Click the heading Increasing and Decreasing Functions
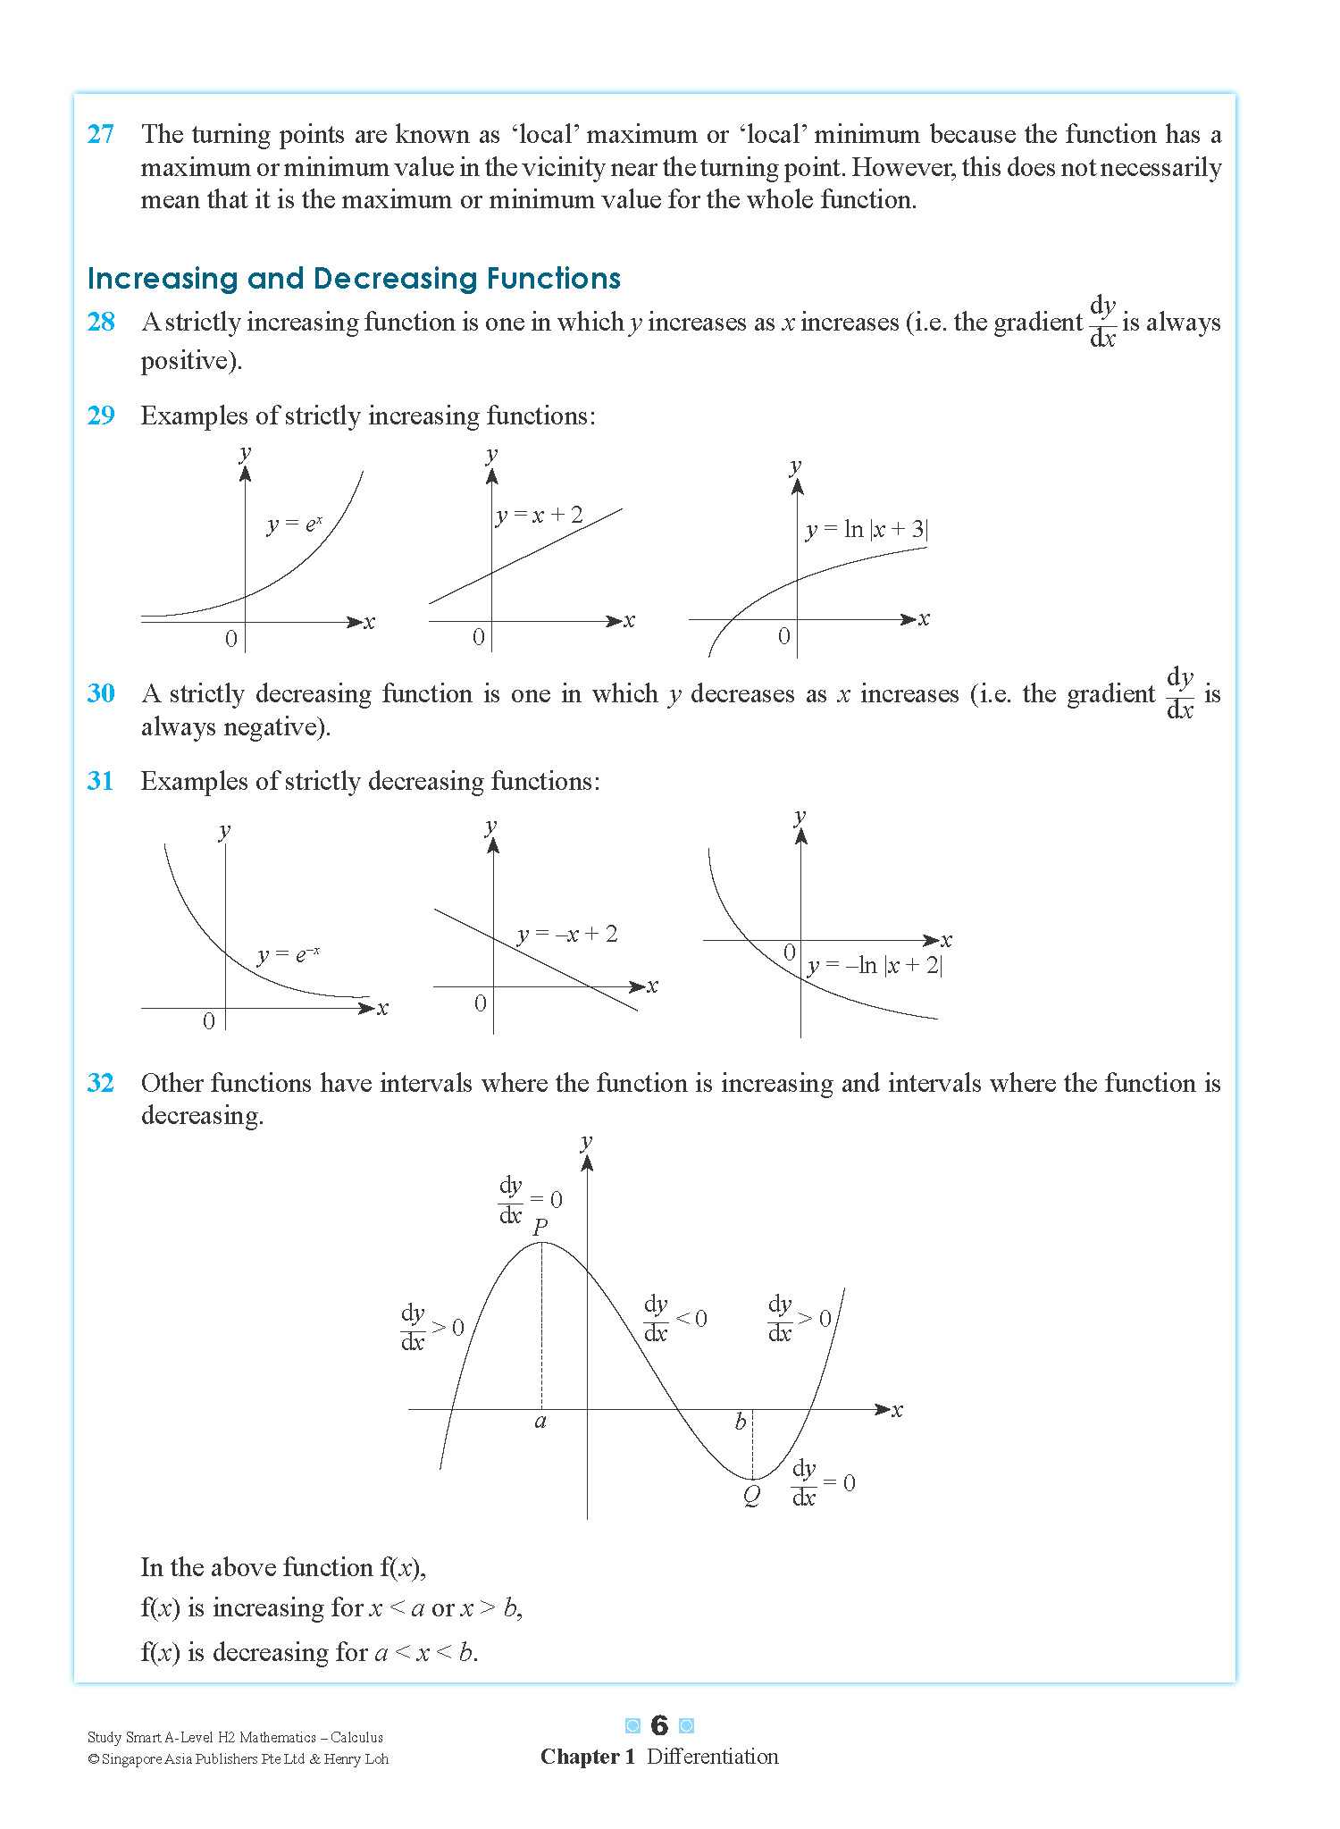point(354,279)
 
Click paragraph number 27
point(101,134)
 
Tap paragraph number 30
point(101,693)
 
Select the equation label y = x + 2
point(540,516)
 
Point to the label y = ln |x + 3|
point(867,529)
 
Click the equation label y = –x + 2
point(567,935)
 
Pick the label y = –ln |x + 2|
point(875,965)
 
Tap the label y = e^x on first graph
point(294,524)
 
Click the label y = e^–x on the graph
point(288,955)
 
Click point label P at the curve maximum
point(540,1228)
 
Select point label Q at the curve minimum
point(751,1496)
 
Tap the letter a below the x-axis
point(540,1422)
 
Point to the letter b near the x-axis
point(740,1422)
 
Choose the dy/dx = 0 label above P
point(530,1200)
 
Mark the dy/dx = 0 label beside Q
point(822,1484)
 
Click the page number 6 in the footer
point(659,1725)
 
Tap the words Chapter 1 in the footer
point(587,1757)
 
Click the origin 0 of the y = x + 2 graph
point(479,637)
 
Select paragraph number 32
point(101,1083)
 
